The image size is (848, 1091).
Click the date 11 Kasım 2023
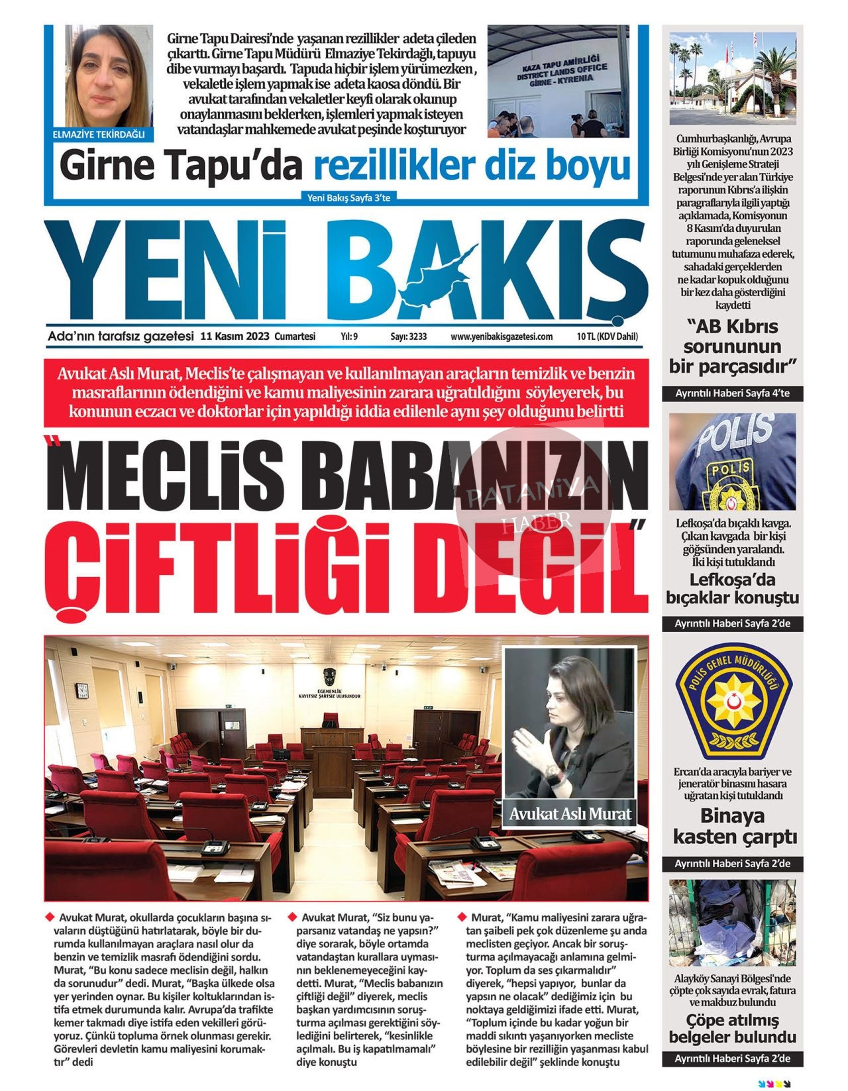pyautogui.click(x=235, y=337)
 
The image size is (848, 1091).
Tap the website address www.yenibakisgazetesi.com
pyautogui.click(x=501, y=337)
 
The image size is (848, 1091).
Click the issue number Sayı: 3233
pyautogui.click(x=408, y=337)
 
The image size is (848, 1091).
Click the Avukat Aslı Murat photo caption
pyautogui.click(x=570, y=813)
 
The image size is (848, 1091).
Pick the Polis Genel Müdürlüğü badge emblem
pyautogui.click(x=733, y=702)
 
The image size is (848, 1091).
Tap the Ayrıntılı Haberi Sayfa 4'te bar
pyautogui.click(x=732, y=393)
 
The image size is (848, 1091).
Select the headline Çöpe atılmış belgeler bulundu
pyautogui.click(x=732, y=1029)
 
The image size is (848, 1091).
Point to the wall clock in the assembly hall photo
pyautogui.click(x=83, y=690)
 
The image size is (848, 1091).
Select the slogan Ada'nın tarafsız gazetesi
pyautogui.click(x=121, y=336)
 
